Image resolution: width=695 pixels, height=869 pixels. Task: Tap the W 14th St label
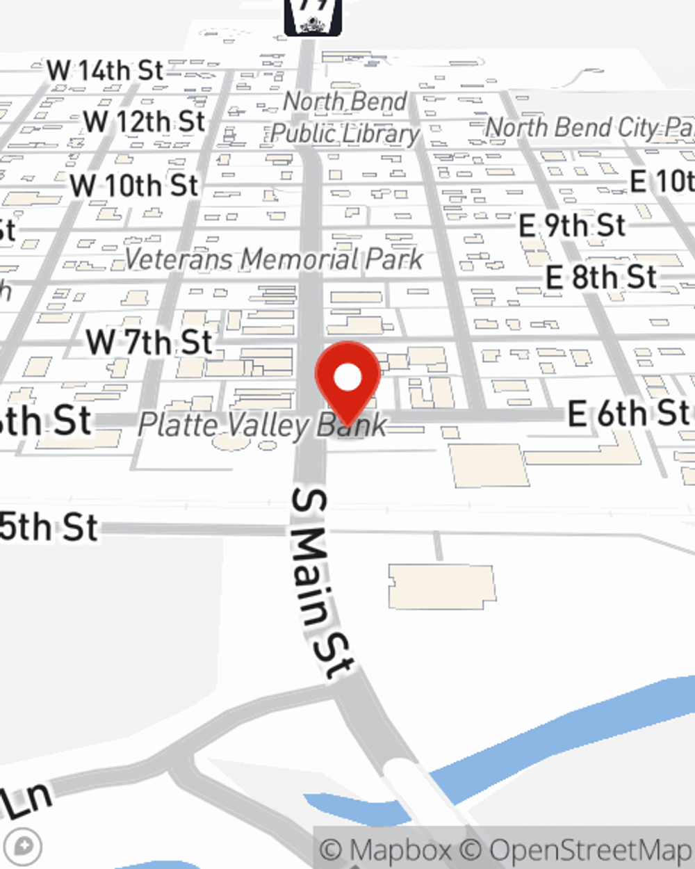pos(105,70)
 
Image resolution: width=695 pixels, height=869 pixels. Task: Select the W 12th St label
pos(145,122)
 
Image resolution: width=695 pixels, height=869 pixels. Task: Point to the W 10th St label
pos(134,186)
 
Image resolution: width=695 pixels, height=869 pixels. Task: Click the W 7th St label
pos(149,342)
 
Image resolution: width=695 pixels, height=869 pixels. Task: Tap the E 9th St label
pos(572,226)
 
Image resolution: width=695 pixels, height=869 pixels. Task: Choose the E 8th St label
pos(600,277)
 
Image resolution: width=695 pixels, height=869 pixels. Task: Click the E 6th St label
pos(628,414)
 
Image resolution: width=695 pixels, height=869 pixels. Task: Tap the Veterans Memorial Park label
pos(274,259)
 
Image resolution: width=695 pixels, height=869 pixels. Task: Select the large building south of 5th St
pos(442,586)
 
